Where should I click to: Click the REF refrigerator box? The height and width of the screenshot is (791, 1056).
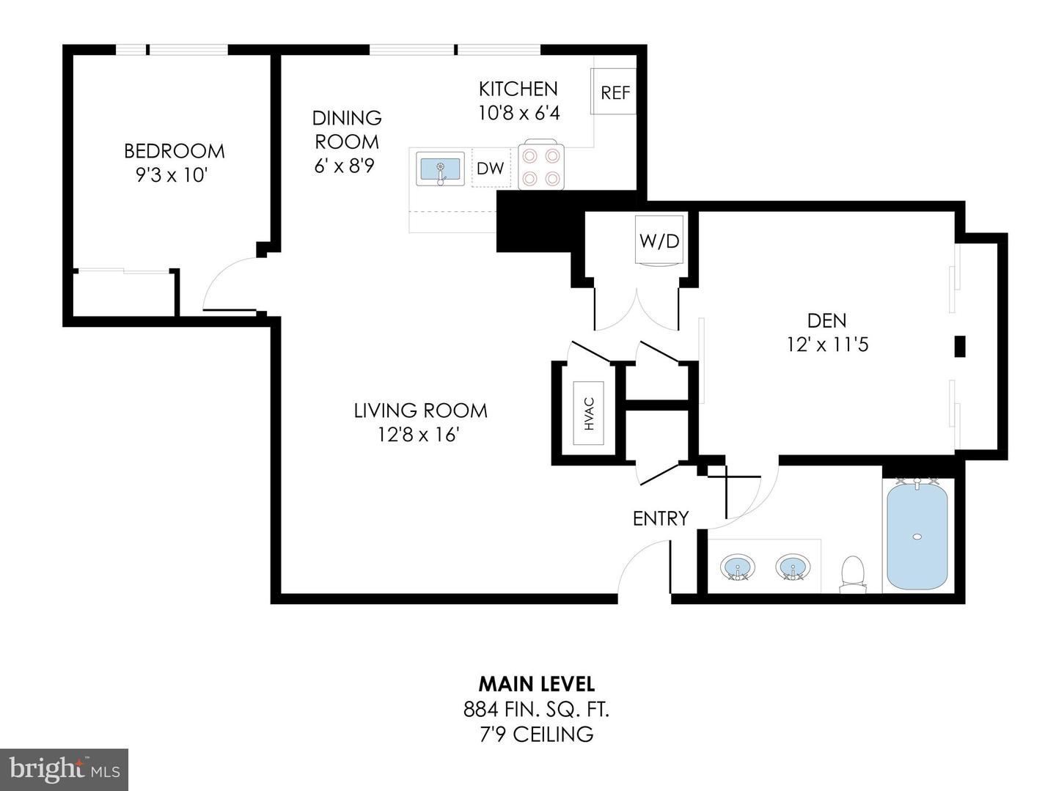coord(615,92)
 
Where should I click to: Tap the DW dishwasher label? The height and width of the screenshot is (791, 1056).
coord(490,168)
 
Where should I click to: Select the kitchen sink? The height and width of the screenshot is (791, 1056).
coord(440,169)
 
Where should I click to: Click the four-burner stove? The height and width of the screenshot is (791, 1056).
coord(540,166)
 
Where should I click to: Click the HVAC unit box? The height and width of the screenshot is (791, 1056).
coord(589,413)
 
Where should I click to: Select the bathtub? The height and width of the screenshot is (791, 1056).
coord(917,536)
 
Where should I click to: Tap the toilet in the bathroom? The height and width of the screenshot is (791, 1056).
coord(852,573)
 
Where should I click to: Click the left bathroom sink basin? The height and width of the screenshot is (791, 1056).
coord(737,567)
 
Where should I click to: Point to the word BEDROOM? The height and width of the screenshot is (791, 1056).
coord(174,151)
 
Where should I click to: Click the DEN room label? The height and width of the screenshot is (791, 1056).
coord(826,320)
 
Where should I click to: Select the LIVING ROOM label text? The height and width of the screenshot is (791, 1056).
coord(420,411)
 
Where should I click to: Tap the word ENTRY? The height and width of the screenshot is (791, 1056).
coord(661,518)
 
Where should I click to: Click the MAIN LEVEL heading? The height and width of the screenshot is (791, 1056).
coord(536,684)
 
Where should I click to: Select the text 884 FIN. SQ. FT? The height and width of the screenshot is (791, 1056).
coord(536,709)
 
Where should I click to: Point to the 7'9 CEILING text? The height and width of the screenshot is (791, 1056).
coord(536,734)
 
